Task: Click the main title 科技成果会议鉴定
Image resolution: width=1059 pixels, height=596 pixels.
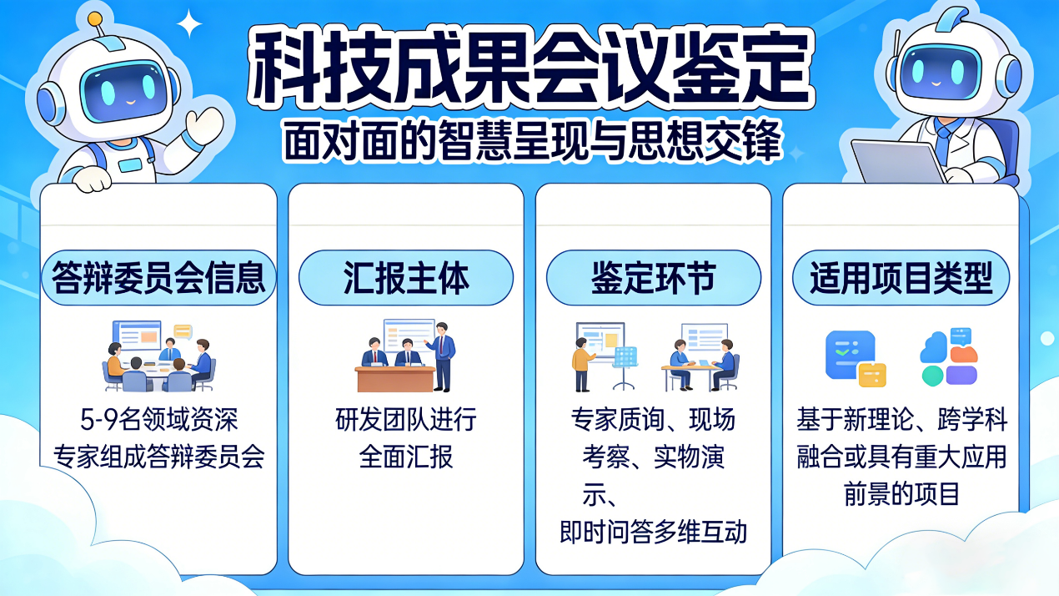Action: pyautogui.click(x=531, y=68)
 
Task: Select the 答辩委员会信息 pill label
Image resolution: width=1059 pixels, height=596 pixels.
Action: pyautogui.click(x=158, y=278)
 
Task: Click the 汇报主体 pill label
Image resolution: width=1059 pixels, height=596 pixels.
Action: pyautogui.click(x=406, y=278)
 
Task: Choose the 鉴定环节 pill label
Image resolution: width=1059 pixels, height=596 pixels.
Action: pyautogui.click(x=654, y=278)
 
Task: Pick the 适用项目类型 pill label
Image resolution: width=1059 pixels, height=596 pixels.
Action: pyautogui.click(x=901, y=278)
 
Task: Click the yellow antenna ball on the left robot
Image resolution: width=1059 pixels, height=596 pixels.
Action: pyautogui.click(x=95, y=19)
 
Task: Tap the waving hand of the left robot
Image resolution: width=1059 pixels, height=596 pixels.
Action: pyautogui.click(x=205, y=127)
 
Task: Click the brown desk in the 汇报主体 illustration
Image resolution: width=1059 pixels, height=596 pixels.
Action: pyautogui.click(x=395, y=379)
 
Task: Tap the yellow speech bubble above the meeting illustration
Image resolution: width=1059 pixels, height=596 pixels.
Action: pyautogui.click(x=183, y=331)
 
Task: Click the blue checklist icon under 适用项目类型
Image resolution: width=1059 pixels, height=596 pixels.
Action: pyautogui.click(x=850, y=355)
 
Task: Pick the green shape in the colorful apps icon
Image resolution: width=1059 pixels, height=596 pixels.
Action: pyautogui.click(x=932, y=376)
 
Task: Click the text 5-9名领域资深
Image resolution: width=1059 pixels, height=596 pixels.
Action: pyautogui.click(x=158, y=419)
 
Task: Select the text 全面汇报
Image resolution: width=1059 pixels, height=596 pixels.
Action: pyautogui.click(x=406, y=457)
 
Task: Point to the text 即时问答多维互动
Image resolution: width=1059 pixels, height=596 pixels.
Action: pyautogui.click(x=654, y=532)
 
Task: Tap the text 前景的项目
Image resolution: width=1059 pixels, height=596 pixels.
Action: pyautogui.click(x=901, y=494)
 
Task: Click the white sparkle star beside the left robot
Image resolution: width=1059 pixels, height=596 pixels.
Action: pyautogui.click(x=189, y=23)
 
